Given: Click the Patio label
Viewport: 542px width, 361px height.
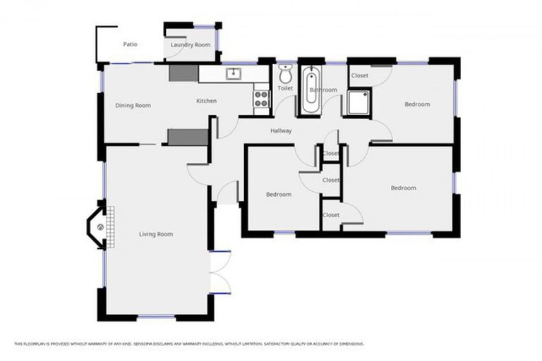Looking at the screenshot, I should (130, 44).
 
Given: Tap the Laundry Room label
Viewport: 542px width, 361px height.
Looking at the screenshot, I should (191, 44).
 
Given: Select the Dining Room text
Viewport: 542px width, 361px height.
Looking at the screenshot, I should (133, 106).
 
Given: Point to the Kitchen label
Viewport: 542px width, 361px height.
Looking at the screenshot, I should (206, 101).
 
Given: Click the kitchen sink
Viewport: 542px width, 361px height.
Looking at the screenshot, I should (234, 73).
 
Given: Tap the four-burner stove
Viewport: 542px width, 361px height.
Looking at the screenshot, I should (261, 99).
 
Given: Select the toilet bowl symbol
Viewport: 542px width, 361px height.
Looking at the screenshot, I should (286, 74).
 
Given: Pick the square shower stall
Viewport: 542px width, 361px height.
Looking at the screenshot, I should (358, 102).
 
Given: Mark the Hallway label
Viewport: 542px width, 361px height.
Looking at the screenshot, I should (281, 131).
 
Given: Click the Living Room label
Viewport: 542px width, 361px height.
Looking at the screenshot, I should (155, 234).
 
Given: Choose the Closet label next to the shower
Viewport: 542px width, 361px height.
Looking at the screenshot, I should (359, 75).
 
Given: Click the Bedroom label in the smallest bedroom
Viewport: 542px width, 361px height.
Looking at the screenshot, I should (278, 195).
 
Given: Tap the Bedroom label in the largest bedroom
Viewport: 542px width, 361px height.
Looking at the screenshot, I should (404, 188).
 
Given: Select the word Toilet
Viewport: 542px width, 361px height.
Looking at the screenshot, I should (285, 89).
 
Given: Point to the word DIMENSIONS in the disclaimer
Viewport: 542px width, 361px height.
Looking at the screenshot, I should (350, 344).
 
